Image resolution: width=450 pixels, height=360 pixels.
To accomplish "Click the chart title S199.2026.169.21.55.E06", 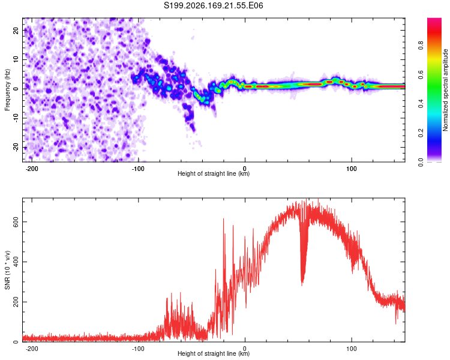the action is pyautogui.click(x=213, y=5).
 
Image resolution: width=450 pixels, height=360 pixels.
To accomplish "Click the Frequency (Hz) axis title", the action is pyautogui.click(x=7, y=89).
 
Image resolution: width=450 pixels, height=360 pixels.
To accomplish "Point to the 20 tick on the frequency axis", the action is pyautogui.click(x=16, y=30).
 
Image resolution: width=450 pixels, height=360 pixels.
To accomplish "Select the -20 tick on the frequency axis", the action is pyautogui.click(x=16, y=148).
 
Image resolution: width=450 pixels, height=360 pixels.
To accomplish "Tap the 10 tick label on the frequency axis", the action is pyautogui.click(x=16, y=59).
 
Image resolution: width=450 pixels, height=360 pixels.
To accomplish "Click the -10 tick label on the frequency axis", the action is pyautogui.click(x=16, y=118).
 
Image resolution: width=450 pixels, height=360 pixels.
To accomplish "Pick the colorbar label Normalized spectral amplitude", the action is pyautogui.click(x=445, y=89).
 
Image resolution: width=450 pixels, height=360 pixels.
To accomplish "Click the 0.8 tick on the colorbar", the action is pyautogui.click(x=421, y=45).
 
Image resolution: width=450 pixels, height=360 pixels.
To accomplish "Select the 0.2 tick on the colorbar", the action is pyautogui.click(x=421, y=133).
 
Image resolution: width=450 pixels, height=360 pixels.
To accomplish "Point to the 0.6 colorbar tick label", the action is pyautogui.click(x=421, y=74).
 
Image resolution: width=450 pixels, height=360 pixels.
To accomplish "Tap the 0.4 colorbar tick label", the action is pyautogui.click(x=421, y=104).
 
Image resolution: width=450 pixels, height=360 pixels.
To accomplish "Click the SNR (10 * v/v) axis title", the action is pyautogui.click(x=7, y=270).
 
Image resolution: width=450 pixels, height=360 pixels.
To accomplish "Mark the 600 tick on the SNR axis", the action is pyautogui.click(x=16, y=222).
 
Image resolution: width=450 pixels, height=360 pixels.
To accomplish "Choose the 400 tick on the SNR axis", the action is pyautogui.click(x=16, y=262).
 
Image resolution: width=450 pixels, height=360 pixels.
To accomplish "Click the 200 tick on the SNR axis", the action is pyautogui.click(x=16, y=302).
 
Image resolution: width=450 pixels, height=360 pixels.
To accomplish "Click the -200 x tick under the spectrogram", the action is pyautogui.click(x=32, y=169).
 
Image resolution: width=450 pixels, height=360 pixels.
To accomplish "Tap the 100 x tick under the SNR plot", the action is pyautogui.click(x=351, y=349).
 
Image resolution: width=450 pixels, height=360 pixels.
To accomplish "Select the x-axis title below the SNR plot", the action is pyautogui.click(x=214, y=353).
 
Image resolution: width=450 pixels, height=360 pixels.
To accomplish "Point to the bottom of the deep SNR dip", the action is pyautogui.click(x=302, y=285).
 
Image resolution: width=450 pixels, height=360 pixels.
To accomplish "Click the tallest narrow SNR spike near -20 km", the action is pyautogui.click(x=224, y=219).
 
